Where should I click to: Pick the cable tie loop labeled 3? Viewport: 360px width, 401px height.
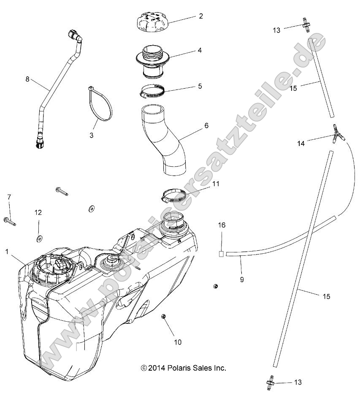point(101,106)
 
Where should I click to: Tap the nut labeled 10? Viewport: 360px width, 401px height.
point(163,317)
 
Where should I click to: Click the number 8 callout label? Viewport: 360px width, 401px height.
point(28,79)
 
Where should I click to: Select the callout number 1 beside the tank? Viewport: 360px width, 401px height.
point(7,251)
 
